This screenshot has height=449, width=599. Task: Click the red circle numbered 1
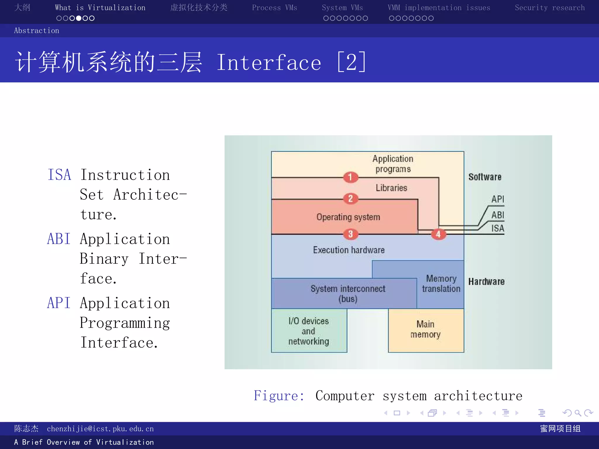click(x=350, y=177)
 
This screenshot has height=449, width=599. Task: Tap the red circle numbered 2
click(x=350, y=199)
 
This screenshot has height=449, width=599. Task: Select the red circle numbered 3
click(x=350, y=234)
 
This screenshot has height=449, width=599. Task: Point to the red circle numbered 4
click(x=438, y=234)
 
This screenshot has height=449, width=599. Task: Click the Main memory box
click(x=426, y=330)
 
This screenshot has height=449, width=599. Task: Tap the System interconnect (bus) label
click(x=348, y=293)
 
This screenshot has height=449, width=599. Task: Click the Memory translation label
click(x=441, y=284)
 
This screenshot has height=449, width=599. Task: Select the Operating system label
click(x=348, y=217)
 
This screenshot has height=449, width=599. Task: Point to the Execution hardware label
click(x=349, y=250)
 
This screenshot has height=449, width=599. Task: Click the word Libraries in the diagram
click(x=391, y=188)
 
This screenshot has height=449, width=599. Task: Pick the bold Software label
click(x=485, y=177)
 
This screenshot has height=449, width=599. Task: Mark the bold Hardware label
click(x=486, y=282)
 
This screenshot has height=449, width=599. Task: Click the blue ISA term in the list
click(x=59, y=175)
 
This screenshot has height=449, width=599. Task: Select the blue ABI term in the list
click(x=59, y=239)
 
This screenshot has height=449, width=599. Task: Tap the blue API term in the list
click(x=59, y=303)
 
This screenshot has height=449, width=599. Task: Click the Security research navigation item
click(x=550, y=8)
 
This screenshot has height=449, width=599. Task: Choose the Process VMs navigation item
click(x=274, y=8)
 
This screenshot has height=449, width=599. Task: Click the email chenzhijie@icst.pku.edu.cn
click(x=100, y=429)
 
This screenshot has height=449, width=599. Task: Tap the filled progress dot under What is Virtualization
click(x=79, y=18)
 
